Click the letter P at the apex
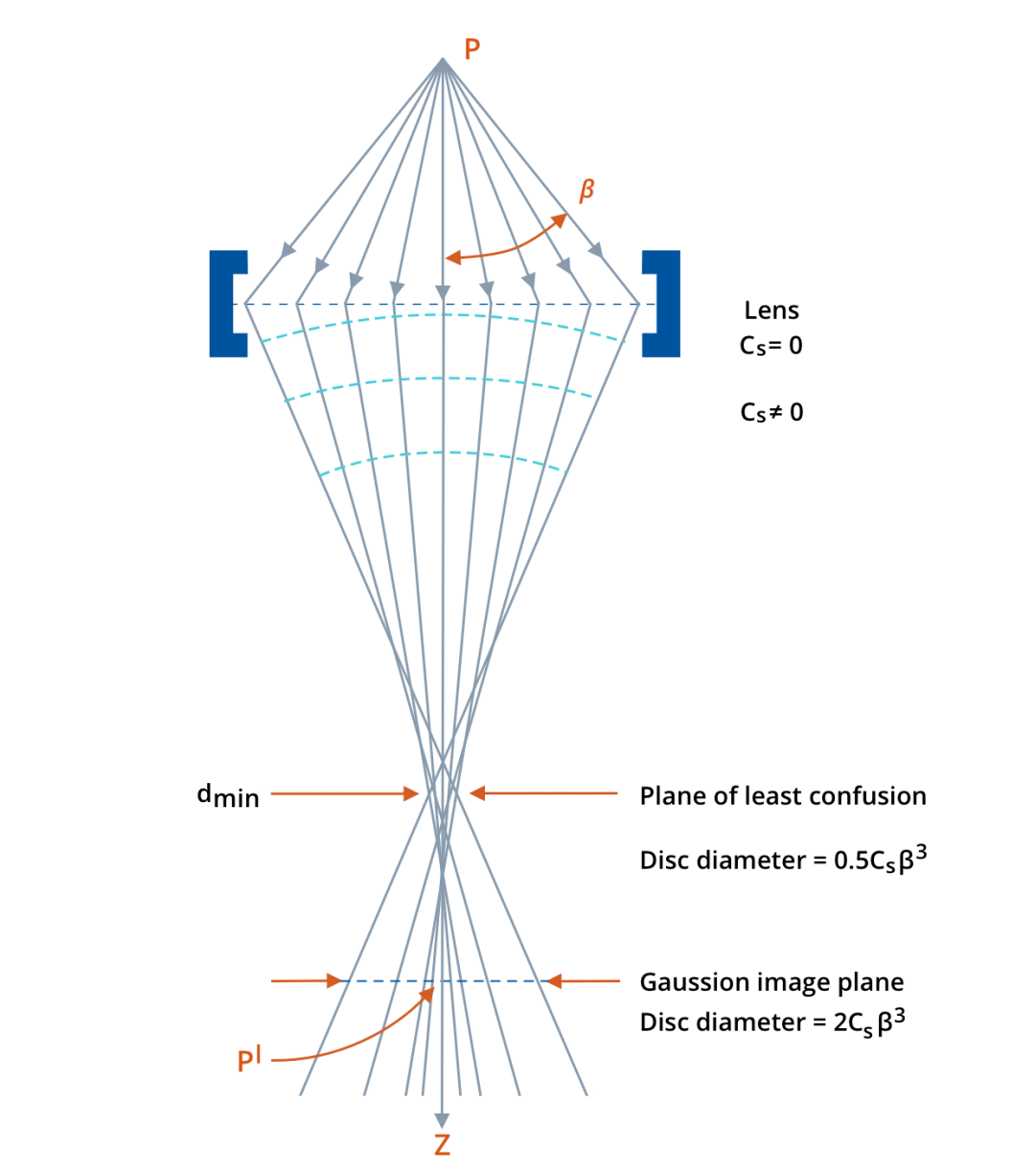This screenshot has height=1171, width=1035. [471, 49]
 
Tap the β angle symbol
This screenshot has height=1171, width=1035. [586, 191]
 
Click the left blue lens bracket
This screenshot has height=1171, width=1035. [226, 304]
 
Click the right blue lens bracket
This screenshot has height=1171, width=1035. [662, 304]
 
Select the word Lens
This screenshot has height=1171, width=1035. [771, 310]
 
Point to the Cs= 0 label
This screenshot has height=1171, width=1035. [770, 346]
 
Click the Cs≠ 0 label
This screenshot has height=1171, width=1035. [771, 413]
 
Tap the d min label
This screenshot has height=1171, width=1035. [228, 795]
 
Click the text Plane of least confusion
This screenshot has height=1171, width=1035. [782, 795]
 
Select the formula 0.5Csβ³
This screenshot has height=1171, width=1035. [880, 860]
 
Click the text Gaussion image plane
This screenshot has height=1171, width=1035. [771, 982]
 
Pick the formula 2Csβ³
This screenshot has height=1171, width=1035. [869, 1022]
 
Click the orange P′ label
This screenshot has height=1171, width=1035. [249, 1061]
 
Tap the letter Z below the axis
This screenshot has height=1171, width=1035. [442, 1145]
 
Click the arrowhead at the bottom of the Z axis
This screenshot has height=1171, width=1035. [442, 1121]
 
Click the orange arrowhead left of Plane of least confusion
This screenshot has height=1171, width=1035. [477, 793]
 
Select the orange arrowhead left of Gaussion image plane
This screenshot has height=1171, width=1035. [554, 981]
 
